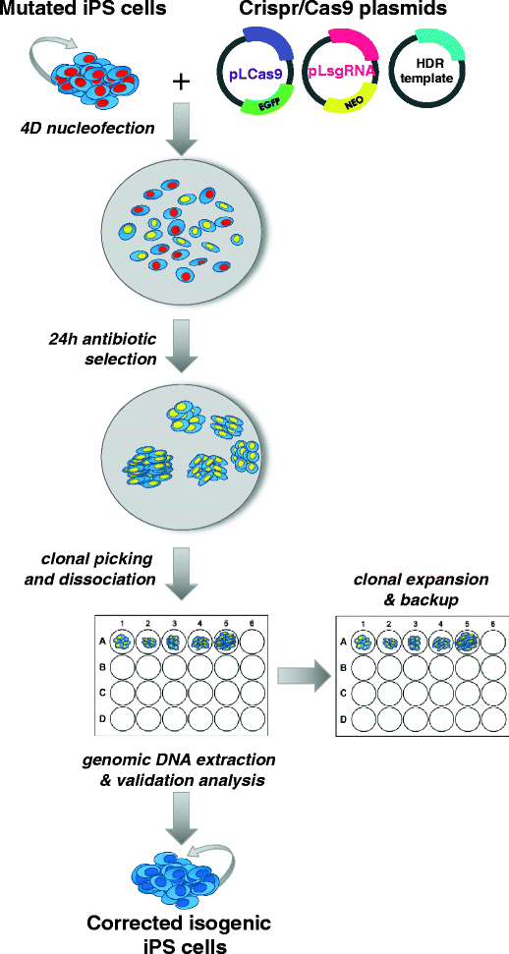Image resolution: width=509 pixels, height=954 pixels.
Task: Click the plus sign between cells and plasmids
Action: click(181, 82)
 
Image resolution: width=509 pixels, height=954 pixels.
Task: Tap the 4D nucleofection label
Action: click(74, 129)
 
